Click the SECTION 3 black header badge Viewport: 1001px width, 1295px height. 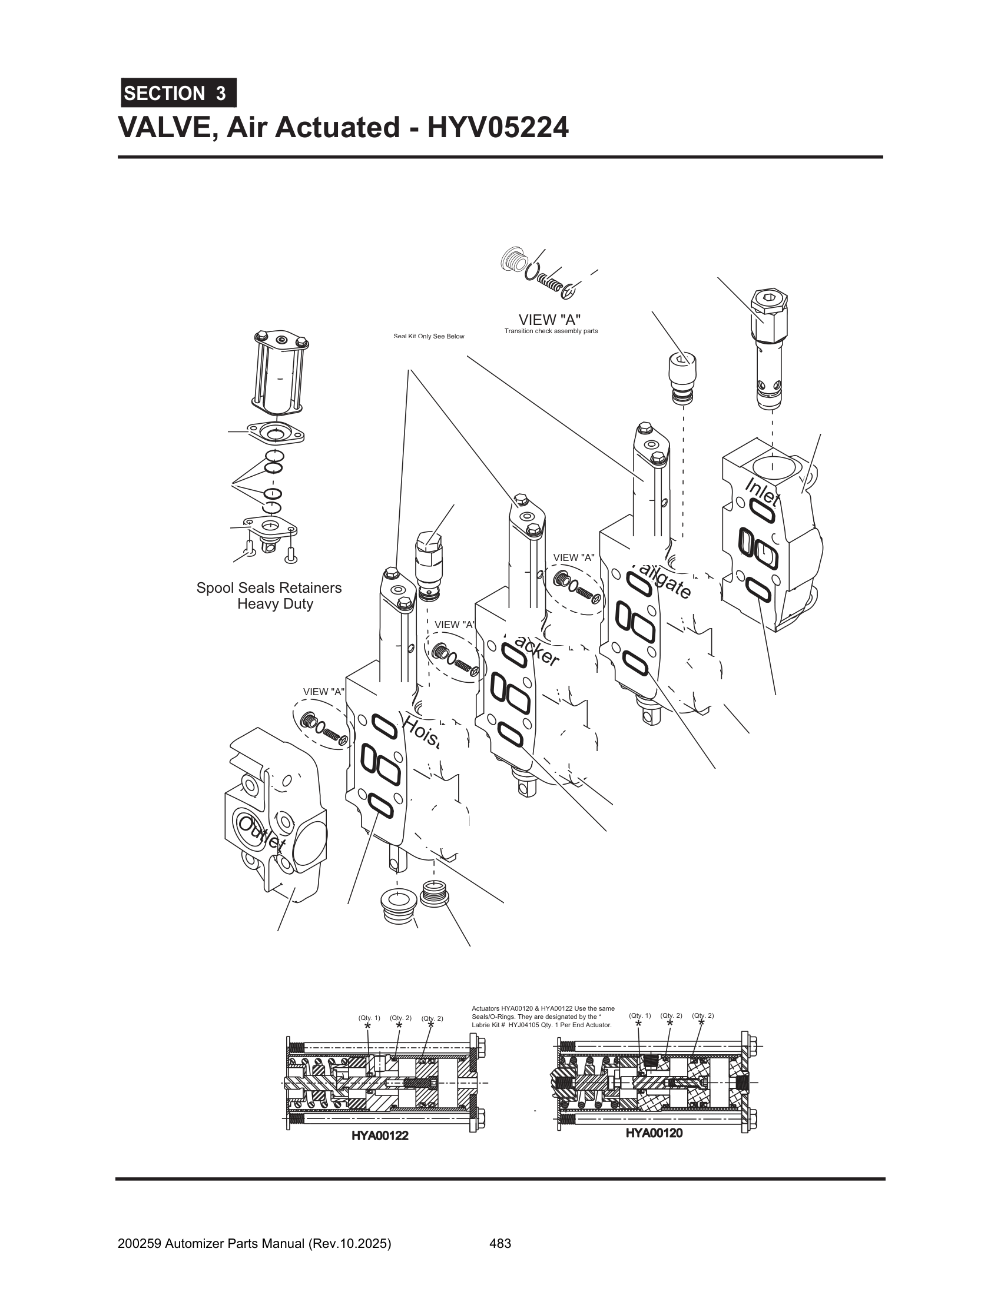tap(178, 93)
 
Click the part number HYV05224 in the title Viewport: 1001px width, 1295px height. tap(498, 128)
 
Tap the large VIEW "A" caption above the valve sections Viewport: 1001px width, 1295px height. tap(549, 320)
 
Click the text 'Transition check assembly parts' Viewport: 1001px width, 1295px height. tap(551, 331)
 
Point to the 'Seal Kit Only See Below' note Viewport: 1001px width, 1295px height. tap(428, 336)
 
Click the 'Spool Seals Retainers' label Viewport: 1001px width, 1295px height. tap(269, 587)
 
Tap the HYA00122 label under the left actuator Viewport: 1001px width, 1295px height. tap(380, 1135)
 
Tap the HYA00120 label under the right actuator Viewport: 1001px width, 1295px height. tap(654, 1133)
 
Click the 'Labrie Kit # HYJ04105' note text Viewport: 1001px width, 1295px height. tap(536, 1025)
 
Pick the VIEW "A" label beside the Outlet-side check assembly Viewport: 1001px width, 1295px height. tap(323, 692)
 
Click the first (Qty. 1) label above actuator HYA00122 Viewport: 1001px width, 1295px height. tap(369, 1018)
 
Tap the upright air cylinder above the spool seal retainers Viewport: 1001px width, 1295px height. tap(281, 374)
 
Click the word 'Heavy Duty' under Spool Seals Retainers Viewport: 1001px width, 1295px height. tap(275, 603)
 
